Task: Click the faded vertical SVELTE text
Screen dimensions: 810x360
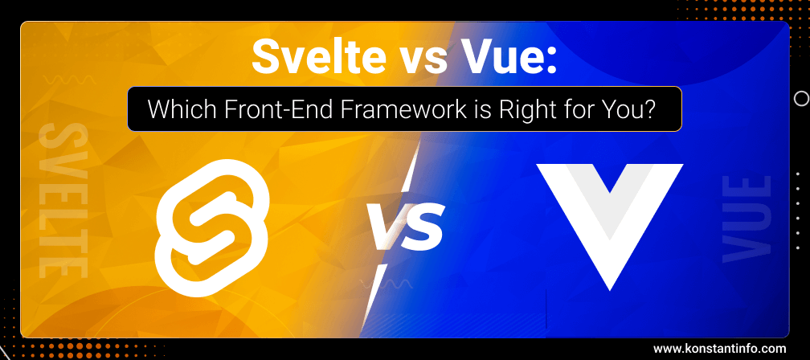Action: click(63, 200)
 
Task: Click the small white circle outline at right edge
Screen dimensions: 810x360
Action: click(800, 99)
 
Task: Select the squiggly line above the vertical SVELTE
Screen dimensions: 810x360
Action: click(70, 80)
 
